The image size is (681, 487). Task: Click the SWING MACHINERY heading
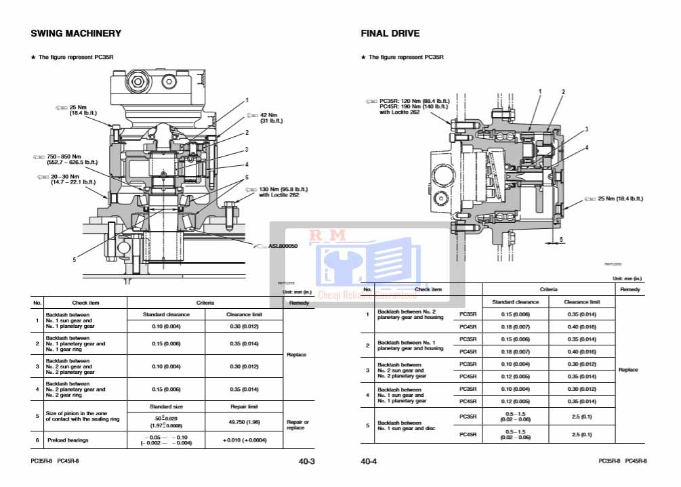76,33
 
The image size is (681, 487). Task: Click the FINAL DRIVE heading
390,33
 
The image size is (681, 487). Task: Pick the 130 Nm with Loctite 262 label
283,192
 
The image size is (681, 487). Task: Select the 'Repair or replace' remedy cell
297,425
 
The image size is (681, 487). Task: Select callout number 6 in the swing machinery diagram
246,177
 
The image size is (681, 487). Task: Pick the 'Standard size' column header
166,406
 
